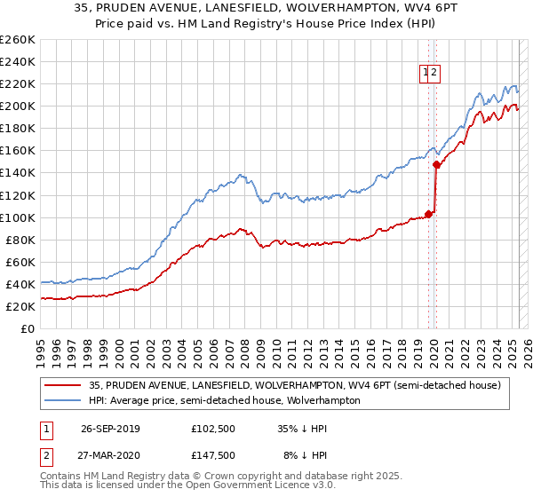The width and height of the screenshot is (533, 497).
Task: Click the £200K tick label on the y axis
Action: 18,106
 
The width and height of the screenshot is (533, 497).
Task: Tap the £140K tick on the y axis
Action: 18,173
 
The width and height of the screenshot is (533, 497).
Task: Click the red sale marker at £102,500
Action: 428,213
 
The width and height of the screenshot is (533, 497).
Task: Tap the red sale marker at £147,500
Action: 436,164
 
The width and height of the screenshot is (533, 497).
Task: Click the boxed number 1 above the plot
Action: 426,75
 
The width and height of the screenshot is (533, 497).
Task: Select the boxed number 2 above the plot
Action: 435,75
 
